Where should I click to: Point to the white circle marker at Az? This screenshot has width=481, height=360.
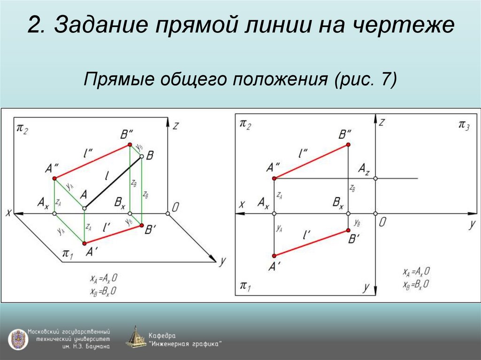[375, 178]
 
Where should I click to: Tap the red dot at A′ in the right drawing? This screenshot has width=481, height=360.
[274, 256]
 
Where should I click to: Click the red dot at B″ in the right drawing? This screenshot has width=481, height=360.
[348, 145]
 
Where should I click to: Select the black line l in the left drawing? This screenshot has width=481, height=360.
[113, 183]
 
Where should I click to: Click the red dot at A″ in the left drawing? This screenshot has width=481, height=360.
[54, 178]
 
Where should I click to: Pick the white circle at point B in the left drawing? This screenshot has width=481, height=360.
[140, 158]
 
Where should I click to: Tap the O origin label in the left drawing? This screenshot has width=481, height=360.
[175, 207]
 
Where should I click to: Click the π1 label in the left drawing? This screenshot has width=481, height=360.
[68, 254]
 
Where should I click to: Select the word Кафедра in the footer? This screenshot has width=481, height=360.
[162, 336]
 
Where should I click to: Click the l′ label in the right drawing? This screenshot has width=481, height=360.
[308, 233]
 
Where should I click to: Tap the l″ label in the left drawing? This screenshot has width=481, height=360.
[87, 153]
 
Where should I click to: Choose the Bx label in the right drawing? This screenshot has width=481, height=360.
[338, 203]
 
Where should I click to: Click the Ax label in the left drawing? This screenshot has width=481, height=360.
[43, 203]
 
